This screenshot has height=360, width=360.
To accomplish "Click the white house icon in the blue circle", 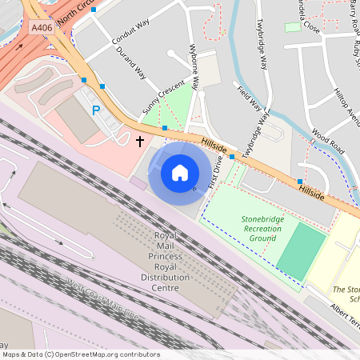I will pyautogui.click(x=180, y=173).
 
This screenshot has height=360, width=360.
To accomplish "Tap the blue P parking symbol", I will pyautogui.click(x=97, y=111).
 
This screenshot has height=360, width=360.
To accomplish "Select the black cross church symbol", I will pyautogui.click(x=139, y=142).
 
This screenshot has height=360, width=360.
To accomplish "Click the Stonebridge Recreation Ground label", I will pyautogui.click(x=262, y=228).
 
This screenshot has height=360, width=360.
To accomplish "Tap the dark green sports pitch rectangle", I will pyautogui.click(x=301, y=251).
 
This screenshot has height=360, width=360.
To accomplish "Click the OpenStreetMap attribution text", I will pyautogui.click(x=81, y=354).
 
